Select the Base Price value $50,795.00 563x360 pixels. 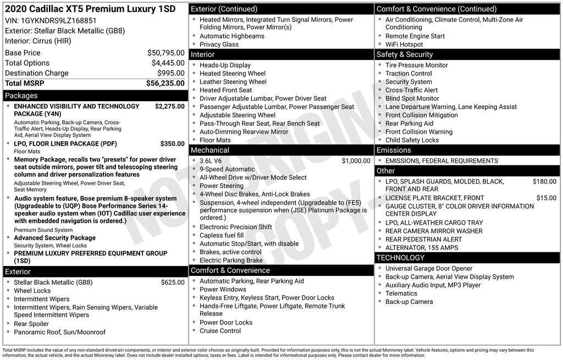165,53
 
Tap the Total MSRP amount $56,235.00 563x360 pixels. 165,83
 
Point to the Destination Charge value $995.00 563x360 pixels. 170,73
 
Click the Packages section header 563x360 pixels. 21,96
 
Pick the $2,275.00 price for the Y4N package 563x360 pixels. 169,106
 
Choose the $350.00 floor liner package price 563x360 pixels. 172,143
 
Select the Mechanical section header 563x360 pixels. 210,150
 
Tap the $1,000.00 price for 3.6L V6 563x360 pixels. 356,161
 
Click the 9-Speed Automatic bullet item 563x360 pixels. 227,169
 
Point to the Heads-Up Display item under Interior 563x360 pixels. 225,65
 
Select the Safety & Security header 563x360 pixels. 405,54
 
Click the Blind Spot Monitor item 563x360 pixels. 412,98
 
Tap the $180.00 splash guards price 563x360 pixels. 544,181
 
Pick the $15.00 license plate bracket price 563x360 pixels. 546,198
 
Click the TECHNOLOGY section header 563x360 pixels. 401,258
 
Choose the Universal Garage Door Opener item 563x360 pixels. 429,269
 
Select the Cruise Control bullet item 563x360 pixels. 220,331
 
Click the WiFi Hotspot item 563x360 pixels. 404,45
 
